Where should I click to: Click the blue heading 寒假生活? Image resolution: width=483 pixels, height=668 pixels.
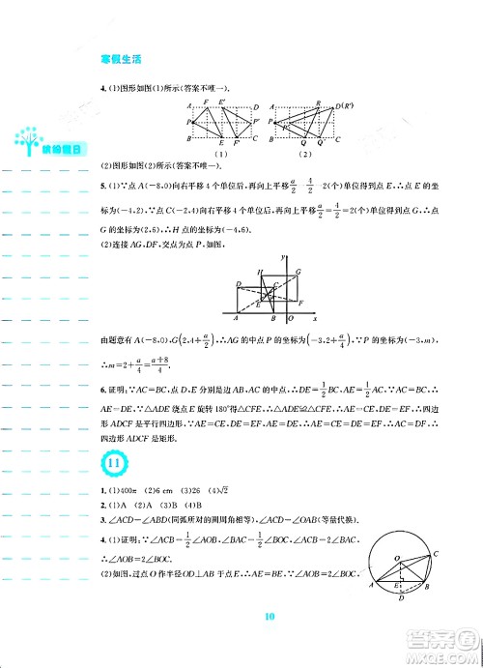121,59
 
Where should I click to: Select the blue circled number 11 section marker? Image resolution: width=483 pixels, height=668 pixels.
113,465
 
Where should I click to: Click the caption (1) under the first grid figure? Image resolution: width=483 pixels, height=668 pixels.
219,153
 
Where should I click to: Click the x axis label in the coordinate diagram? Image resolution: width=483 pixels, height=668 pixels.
316,316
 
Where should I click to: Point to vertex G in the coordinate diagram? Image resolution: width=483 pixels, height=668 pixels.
299,272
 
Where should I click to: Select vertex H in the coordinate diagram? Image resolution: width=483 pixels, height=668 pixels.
259,272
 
